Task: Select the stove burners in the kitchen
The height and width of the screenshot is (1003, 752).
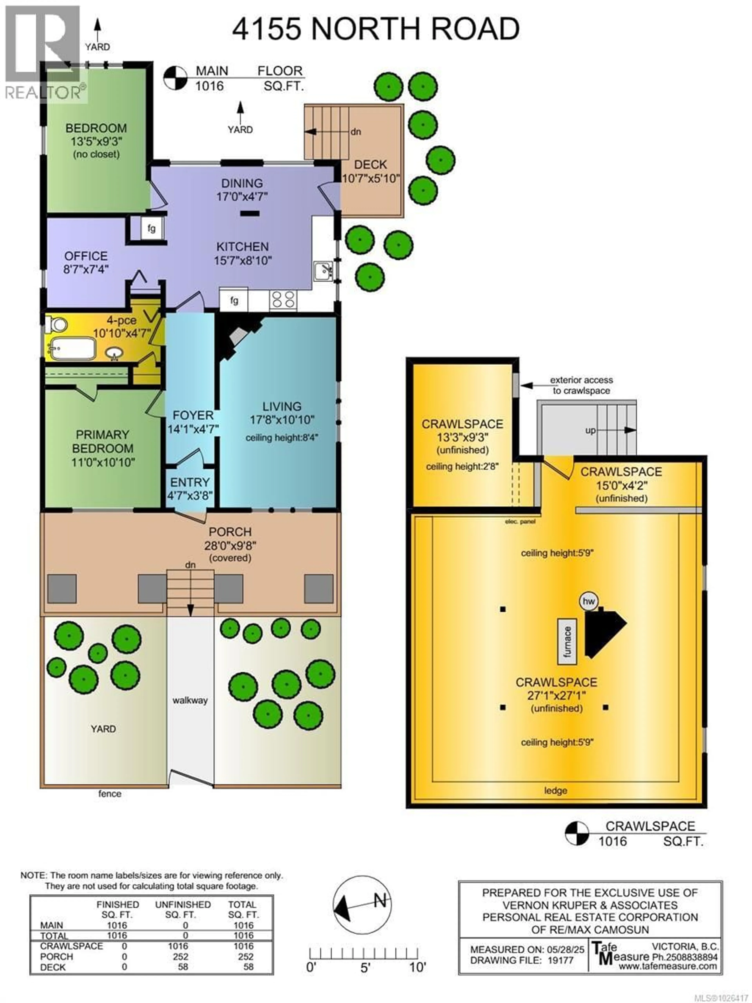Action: coord(283,300)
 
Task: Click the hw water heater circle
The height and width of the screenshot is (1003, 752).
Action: coord(588,601)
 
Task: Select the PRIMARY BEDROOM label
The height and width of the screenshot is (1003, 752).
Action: coord(102,442)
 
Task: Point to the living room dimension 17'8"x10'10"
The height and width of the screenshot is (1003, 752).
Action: coord(282,420)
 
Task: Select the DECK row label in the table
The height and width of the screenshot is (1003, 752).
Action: coord(53,967)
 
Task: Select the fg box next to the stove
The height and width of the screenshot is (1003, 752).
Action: coord(234,300)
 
